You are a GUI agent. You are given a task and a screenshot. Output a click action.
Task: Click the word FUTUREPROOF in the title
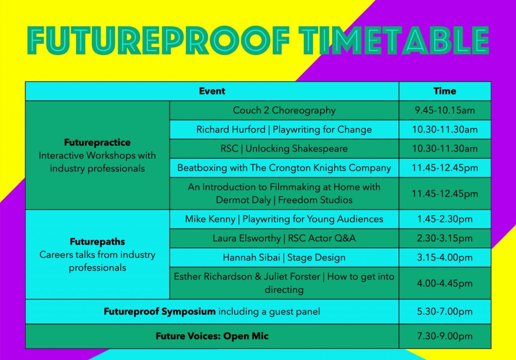(x=158, y=40)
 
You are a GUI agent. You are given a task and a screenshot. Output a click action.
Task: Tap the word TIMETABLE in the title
(x=394, y=40)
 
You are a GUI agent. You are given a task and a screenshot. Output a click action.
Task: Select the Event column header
(x=212, y=91)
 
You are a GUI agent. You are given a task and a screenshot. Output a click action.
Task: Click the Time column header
(x=445, y=91)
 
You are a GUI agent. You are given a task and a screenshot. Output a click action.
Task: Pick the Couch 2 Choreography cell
(x=284, y=110)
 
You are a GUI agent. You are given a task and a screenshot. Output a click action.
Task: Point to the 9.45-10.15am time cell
(x=445, y=110)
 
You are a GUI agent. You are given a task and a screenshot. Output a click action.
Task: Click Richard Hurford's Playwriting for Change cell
(x=284, y=130)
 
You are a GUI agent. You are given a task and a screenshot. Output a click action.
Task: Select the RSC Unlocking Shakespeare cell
(x=284, y=149)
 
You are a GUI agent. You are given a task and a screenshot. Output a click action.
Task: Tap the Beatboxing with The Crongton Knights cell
(x=284, y=168)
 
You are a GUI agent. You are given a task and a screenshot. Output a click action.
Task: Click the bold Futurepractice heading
(x=97, y=142)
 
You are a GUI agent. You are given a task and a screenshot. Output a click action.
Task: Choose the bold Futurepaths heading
(x=97, y=242)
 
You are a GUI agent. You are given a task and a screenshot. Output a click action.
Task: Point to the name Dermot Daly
(x=243, y=200)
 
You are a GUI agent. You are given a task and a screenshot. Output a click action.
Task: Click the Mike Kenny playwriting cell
(x=284, y=219)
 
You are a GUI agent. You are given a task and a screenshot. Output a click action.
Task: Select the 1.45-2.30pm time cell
(x=445, y=219)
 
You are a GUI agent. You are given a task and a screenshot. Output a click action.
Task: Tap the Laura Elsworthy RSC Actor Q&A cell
(x=284, y=238)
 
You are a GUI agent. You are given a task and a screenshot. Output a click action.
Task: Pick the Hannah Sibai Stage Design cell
(x=284, y=257)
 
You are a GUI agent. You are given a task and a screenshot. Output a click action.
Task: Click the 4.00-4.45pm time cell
(x=445, y=283)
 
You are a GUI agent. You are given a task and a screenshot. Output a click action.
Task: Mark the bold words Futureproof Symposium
(x=160, y=312)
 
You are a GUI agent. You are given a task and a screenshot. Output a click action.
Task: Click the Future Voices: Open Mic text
(x=212, y=336)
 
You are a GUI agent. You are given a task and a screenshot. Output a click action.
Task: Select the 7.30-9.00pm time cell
(x=445, y=336)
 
